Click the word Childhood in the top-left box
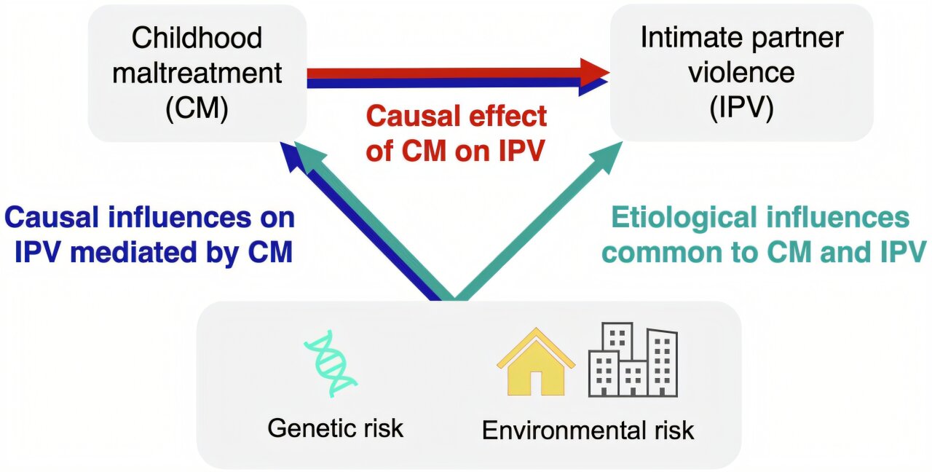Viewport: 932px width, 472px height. (x=197, y=38)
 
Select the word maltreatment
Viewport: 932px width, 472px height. (x=197, y=73)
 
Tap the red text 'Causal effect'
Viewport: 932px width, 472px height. (x=457, y=116)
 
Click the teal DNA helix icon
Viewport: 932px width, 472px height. (x=331, y=363)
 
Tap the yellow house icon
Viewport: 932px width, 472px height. (x=536, y=362)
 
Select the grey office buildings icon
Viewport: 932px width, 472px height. (x=633, y=360)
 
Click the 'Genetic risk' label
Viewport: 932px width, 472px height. (x=336, y=428)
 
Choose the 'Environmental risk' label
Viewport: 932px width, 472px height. (x=588, y=430)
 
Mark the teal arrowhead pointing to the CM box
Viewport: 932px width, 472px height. (x=311, y=157)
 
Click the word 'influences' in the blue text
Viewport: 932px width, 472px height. (x=180, y=217)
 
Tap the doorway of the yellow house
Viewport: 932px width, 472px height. (x=536, y=382)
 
